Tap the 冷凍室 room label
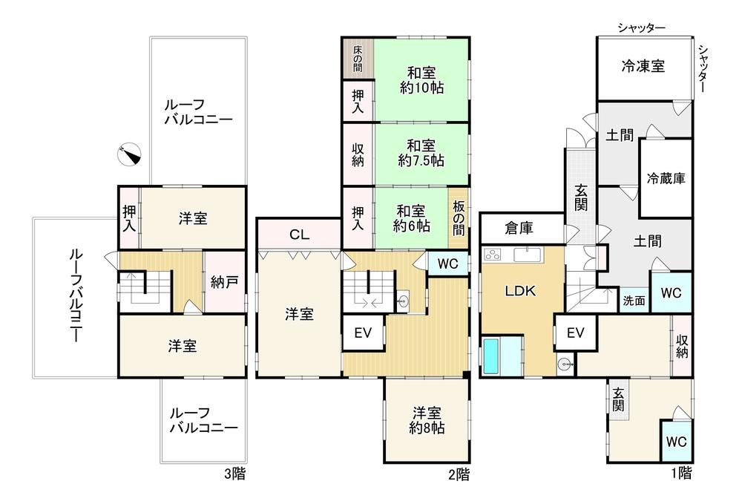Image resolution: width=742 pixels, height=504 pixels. (x=643, y=66)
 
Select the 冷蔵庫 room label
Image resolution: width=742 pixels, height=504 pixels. (x=666, y=178)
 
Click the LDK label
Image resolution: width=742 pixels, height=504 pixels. (x=520, y=290)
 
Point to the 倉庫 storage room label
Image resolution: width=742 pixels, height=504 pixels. (x=519, y=228)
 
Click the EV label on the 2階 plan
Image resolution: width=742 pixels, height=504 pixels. (x=363, y=333)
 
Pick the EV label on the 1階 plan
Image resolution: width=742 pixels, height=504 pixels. (x=576, y=333)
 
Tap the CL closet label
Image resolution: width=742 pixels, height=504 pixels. (x=299, y=235)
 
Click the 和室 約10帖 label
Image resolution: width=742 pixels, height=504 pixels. (x=421, y=80)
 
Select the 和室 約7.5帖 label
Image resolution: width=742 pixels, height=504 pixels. (x=421, y=153)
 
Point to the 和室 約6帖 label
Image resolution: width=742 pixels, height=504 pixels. (x=411, y=218)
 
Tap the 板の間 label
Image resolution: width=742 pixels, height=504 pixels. (x=458, y=218)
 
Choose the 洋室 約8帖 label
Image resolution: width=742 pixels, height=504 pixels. (x=427, y=420)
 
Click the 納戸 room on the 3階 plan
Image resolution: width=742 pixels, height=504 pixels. (x=224, y=282)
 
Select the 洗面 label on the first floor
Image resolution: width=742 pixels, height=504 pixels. (x=634, y=301)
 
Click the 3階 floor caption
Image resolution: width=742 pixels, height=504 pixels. (x=234, y=474)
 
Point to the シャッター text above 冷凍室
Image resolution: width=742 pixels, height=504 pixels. (x=642, y=28)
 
